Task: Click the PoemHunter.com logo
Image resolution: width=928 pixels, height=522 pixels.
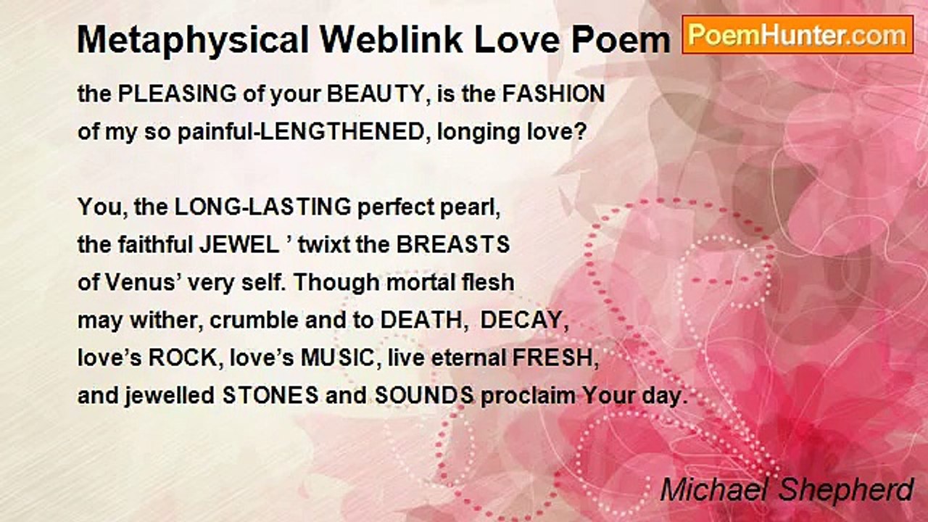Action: (x=797, y=35)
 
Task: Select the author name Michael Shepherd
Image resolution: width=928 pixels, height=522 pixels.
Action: (x=787, y=490)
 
